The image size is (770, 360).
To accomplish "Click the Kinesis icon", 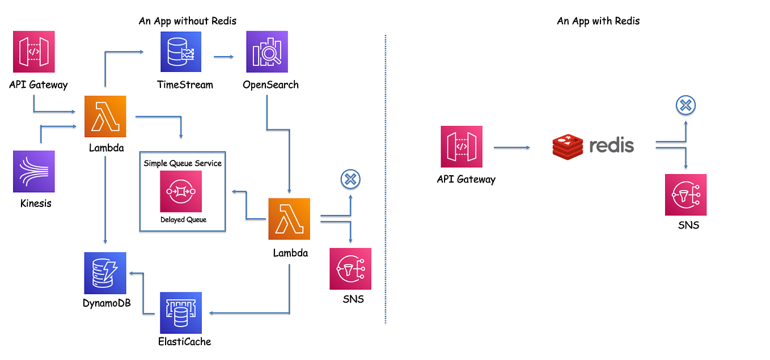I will (34, 171).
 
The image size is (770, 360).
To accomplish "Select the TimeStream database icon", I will (181, 52).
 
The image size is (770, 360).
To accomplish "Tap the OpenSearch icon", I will (267, 52).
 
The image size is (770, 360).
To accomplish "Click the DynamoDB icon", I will (105, 273).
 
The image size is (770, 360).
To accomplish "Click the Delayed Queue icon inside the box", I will (181, 192).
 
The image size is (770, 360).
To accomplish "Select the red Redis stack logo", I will (568, 146).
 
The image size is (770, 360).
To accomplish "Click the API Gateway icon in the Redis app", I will (462, 147).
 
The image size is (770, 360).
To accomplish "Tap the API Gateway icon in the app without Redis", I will (34, 52).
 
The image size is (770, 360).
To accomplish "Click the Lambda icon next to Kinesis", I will (105, 116).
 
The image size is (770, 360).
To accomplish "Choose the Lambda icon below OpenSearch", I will (289, 219).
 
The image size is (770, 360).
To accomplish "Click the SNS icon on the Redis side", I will (686, 195).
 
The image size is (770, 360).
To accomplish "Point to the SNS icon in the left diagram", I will (350, 269).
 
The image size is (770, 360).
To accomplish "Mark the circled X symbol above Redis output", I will (686, 105).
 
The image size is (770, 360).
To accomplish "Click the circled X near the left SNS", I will (350, 179).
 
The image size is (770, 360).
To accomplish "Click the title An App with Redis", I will (598, 21).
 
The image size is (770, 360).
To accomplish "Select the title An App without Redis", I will (188, 21).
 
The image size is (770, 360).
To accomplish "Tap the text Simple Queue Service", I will (183, 163).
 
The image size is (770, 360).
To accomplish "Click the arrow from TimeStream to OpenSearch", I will (224, 56).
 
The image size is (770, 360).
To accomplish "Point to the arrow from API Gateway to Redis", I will (511, 147).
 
